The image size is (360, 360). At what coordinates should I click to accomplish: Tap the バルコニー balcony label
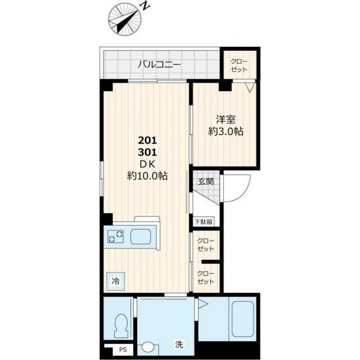(x=159, y=65)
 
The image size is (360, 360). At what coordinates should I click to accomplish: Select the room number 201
(x=147, y=140)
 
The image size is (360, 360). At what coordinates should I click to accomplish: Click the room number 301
(x=147, y=152)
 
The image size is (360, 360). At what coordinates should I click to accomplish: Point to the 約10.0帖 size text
(x=147, y=176)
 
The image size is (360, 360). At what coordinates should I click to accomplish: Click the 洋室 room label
(x=226, y=120)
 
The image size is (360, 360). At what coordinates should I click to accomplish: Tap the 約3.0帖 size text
(x=226, y=132)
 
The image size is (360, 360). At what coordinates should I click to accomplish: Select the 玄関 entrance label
(x=206, y=181)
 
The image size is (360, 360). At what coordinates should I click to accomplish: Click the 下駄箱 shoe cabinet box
(x=204, y=222)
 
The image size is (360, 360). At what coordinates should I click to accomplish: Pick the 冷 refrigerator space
(x=116, y=282)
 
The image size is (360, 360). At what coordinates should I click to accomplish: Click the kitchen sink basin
(x=141, y=237)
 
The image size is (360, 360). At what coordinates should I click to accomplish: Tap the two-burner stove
(x=115, y=237)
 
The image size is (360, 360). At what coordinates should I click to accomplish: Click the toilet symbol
(x=121, y=325)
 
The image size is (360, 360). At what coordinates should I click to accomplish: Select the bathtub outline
(x=242, y=319)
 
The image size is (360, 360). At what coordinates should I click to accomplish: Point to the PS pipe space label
(x=123, y=350)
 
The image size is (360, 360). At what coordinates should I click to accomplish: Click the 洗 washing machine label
(x=179, y=344)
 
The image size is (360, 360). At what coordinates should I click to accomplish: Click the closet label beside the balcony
(x=239, y=65)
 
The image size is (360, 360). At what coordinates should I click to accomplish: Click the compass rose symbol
(x=124, y=19)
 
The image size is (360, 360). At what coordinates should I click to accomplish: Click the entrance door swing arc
(x=244, y=192)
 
